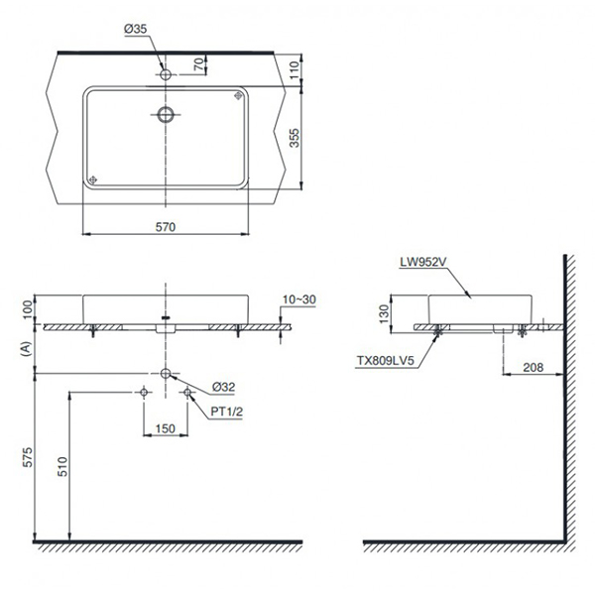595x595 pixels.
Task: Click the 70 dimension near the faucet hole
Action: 199,64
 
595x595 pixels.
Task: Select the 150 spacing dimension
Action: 166,429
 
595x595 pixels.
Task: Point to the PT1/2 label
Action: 226,414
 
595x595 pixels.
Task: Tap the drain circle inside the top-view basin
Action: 166,114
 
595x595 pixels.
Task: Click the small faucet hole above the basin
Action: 166,71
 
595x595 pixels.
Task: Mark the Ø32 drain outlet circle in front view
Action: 166,373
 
